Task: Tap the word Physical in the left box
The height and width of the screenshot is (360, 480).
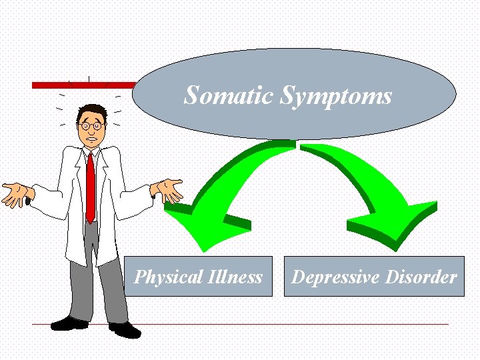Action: click(165, 277)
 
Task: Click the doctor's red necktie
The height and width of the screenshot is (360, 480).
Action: click(90, 187)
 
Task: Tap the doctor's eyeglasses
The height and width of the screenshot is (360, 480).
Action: click(89, 125)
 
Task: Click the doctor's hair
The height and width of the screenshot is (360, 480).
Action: click(91, 110)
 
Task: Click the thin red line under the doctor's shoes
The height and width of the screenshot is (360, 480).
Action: click(267, 325)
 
